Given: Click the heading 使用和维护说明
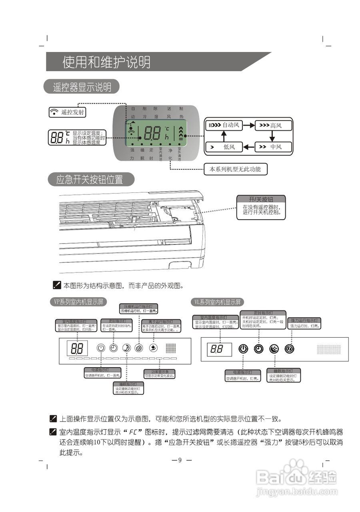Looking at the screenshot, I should pyautogui.click(x=106, y=62).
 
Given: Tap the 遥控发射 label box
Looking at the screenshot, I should pyautogui.click(x=67, y=112).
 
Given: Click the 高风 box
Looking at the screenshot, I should pyautogui.click(x=273, y=126).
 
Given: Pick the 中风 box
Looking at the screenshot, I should pyautogui.click(x=273, y=147).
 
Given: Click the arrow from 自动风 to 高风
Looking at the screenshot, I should pyautogui.click(x=248, y=126).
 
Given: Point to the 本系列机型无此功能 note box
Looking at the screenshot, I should pyautogui.click(x=235, y=169).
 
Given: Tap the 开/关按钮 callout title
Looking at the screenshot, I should pyautogui.click(x=261, y=199).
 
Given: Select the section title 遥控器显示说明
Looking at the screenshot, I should pyautogui.click(x=82, y=87).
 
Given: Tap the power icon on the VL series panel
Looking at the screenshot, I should pyautogui.click(x=243, y=349).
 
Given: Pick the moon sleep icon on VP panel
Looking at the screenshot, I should pyautogui.click(x=126, y=348).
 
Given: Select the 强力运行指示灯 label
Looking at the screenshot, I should pyautogui.click(x=304, y=320).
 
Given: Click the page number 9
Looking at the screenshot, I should pyautogui.click(x=180, y=460).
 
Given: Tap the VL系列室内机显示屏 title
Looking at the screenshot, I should pyautogui.click(x=218, y=302).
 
